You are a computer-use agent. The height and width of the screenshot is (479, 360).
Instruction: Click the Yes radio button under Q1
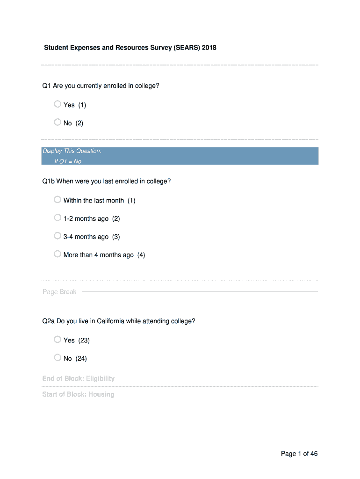[58, 104]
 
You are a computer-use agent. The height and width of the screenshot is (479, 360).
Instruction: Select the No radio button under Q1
[58, 123]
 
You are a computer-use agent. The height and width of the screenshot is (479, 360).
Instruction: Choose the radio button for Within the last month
[58, 200]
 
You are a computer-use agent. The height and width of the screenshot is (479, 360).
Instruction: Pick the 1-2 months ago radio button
[58, 218]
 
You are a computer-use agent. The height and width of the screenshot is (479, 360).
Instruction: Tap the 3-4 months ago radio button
[58, 236]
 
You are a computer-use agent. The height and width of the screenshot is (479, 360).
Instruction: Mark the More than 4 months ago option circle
[58, 254]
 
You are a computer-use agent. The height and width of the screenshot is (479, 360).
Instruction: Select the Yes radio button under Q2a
[58, 340]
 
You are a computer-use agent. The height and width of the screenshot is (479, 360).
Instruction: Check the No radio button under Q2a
[58, 358]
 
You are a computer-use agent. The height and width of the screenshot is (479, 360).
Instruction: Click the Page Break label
[59, 292]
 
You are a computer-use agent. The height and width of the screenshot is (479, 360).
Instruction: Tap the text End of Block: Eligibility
[79, 378]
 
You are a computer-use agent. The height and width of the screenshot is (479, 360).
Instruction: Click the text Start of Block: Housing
[79, 394]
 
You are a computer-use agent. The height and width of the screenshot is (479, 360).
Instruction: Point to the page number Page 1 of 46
[299, 454]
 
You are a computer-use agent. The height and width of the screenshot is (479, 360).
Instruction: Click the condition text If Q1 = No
[68, 161]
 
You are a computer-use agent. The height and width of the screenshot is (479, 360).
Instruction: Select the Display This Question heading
[72, 151]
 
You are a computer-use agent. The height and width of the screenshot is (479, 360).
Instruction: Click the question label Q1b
[49, 181]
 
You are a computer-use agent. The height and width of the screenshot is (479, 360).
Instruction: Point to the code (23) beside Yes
[84, 341]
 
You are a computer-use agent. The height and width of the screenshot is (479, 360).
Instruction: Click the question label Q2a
[49, 321]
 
